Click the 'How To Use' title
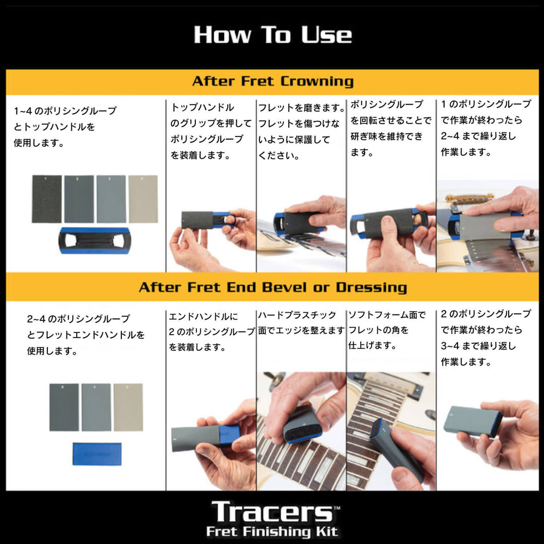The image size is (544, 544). pos(273,35)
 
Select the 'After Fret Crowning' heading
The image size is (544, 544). pos(273,82)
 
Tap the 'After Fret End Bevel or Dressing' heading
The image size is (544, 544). pos(273,287)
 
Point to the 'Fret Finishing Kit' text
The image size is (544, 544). pos(272,531)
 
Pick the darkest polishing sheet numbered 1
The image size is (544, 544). pos(46,199)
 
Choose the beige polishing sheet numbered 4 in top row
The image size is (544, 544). pos(143,199)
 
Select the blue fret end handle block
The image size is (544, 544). pos(96,454)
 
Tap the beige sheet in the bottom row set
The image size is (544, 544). pos(128,407)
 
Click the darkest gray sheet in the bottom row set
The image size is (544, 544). pos(64,407)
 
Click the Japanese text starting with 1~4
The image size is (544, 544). pos(65,127)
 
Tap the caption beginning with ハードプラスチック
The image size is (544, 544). pos(301,323)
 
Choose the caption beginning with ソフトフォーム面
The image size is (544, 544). pos(386,330)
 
